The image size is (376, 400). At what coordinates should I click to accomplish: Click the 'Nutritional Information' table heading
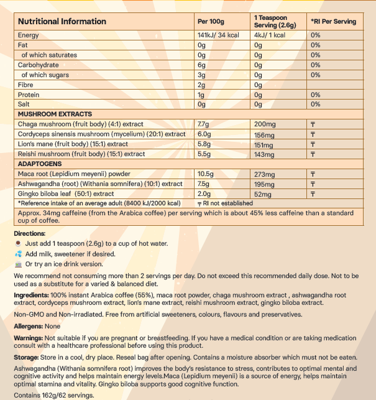point(62,21)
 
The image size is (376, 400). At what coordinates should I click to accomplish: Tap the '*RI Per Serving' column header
point(334,21)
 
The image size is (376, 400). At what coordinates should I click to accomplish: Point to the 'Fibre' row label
point(26,85)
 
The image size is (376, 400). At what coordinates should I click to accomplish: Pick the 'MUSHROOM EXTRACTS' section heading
point(55,114)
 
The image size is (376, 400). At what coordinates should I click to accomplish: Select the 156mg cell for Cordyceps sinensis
point(265,134)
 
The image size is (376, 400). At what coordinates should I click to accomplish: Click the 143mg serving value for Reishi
point(265,154)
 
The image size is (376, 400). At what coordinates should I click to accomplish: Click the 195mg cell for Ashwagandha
point(265,184)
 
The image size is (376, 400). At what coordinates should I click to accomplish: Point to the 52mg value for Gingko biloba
point(264,193)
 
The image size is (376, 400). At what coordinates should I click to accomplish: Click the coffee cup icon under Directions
point(19,243)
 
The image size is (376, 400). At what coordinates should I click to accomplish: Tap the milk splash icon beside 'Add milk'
point(19,254)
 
